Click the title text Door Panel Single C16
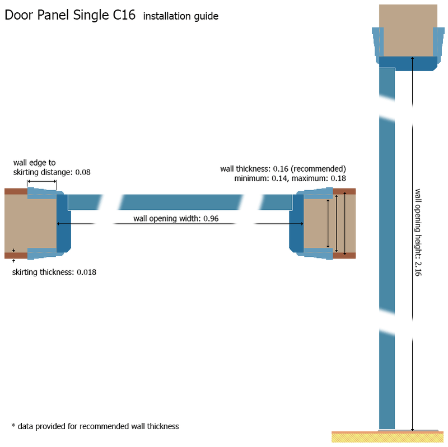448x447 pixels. tap(70, 16)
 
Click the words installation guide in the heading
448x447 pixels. tap(180, 17)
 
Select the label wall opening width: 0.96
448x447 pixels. tap(176, 218)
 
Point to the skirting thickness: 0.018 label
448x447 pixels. tap(54, 272)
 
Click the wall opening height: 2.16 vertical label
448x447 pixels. tap(418, 232)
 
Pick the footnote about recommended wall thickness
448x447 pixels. tap(95, 426)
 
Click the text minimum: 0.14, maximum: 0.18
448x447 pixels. tap(291, 178)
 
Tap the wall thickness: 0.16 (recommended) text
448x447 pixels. tap(283, 168)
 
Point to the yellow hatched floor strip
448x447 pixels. tap(388, 438)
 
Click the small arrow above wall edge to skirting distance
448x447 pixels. tap(41, 181)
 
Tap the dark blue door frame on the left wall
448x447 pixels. tap(63, 224)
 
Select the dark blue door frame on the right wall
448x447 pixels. tap(296, 224)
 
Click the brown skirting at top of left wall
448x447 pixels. tap(16, 191)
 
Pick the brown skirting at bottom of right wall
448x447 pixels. tap(344, 256)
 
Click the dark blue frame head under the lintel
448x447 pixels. tap(408, 63)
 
